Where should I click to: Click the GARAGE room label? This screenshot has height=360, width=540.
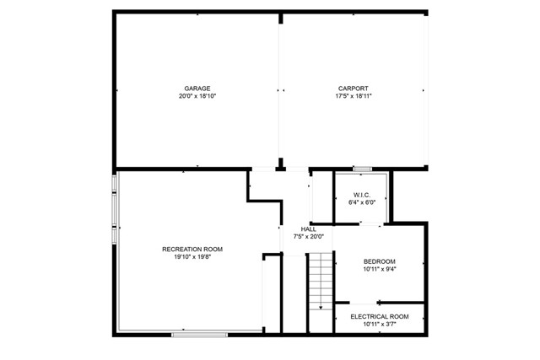coord(197,89)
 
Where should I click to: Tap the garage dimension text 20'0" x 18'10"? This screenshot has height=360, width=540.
coord(197,96)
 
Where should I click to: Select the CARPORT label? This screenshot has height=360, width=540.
coord(353,89)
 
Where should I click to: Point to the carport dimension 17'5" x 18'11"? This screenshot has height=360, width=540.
coord(354,96)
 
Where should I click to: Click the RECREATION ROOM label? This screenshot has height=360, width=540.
coord(192,250)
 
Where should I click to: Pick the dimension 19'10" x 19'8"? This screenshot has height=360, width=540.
coord(192,257)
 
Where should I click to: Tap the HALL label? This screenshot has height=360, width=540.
coord(308,229)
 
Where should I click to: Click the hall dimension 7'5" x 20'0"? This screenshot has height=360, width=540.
coord(308,237)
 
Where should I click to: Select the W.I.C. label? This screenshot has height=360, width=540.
coord(362,195)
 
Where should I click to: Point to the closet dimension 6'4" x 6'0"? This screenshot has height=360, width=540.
coord(362,202)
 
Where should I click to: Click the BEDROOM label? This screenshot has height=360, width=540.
coord(380,261)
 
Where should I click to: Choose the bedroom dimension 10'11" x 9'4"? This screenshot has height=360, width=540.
coord(380,269)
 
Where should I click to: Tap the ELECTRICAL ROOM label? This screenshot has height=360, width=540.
coord(380,317)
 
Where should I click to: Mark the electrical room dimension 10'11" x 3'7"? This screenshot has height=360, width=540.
coord(380,325)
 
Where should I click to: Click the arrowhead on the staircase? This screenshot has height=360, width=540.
coord(321,308)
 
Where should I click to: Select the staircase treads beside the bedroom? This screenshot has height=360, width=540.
coord(321,282)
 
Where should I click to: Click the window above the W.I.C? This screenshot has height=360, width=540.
coord(363,169)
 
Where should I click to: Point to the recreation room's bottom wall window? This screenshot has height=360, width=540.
coord(200,335)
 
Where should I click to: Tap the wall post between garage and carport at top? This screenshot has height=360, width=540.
coord(281,18)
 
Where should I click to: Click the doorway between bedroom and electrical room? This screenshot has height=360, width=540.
coord(364,304)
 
